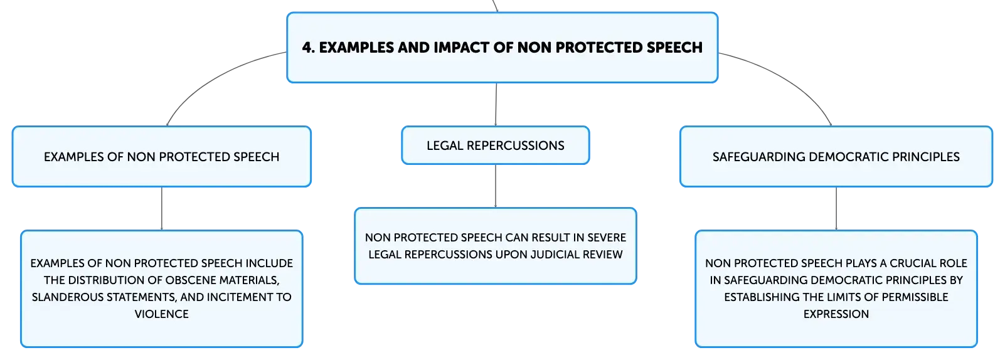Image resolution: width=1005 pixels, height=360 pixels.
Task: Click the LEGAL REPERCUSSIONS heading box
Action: (x=496, y=146)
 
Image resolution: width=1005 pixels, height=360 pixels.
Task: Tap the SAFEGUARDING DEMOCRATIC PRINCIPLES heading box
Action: (x=836, y=156)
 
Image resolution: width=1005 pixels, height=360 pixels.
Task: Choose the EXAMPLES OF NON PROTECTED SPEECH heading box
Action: (x=161, y=156)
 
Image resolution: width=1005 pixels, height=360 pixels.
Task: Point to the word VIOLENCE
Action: (x=161, y=314)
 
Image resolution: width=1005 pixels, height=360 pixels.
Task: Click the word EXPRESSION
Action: (x=836, y=314)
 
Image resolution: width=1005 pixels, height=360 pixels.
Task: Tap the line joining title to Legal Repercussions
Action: (x=496, y=105)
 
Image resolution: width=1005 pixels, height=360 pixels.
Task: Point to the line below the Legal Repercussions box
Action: (x=496, y=186)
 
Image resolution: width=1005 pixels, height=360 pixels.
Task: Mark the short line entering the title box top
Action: (x=496, y=6)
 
